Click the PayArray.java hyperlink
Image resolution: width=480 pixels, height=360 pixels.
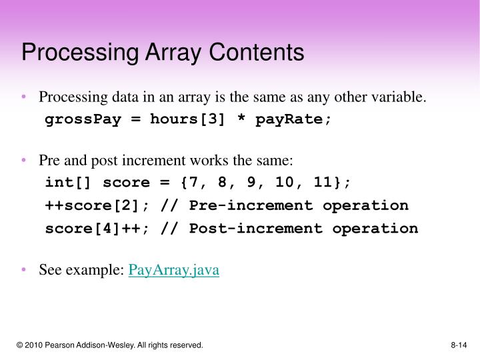pyautogui.click(x=173, y=270)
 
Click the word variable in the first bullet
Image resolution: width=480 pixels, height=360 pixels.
pyautogui.click(x=402, y=97)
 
